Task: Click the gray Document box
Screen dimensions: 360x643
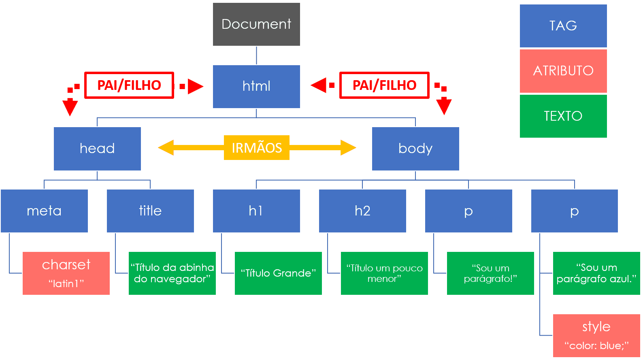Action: tap(256, 24)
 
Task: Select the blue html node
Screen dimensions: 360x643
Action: tap(256, 86)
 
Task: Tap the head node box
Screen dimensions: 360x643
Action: tap(97, 149)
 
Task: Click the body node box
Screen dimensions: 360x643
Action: tap(415, 149)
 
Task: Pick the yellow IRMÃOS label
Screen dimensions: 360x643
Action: tap(257, 148)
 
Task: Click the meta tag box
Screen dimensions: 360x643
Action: tap(44, 211)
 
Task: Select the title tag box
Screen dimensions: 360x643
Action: tap(150, 211)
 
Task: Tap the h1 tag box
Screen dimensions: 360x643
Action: tap(256, 211)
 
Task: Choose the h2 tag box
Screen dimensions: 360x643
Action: tap(362, 211)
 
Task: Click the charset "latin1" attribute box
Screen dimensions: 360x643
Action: tap(66, 273)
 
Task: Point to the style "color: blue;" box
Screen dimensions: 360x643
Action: tap(596, 335)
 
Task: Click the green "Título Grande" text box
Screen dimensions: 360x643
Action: tap(278, 273)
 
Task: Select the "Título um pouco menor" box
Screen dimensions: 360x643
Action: tap(384, 273)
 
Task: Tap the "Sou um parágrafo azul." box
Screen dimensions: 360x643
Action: tap(596, 273)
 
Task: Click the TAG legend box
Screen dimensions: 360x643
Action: tap(563, 26)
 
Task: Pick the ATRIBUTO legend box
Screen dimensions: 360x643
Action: tap(563, 71)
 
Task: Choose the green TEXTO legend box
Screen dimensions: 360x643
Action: tap(563, 116)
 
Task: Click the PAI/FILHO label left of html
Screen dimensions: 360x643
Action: tap(129, 85)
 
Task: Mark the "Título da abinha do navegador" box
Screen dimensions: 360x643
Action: tap(172, 273)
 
